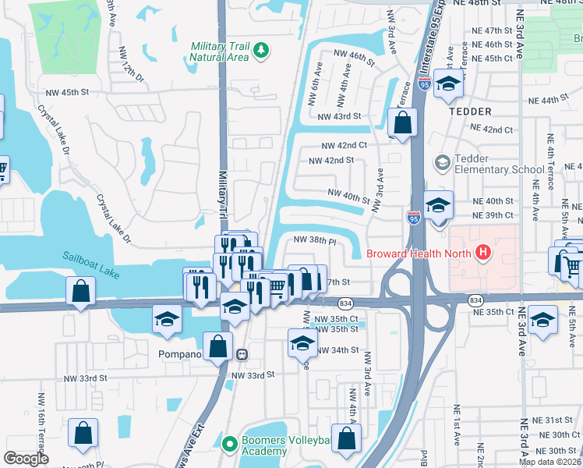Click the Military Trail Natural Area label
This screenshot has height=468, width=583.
coord(221,51)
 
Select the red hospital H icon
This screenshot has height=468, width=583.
coord(483,253)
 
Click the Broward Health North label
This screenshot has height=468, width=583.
coord(419,253)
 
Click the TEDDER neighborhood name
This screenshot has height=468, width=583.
coord(470,112)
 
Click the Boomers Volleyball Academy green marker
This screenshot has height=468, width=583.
coord(229,445)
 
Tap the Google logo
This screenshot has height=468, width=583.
coord(26,459)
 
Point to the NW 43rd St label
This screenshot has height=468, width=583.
coord(339,116)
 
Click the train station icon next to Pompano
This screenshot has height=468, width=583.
coord(242,354)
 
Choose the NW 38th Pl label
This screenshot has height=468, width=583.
coord(314,241)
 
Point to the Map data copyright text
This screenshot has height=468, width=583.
coord(550,462)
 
